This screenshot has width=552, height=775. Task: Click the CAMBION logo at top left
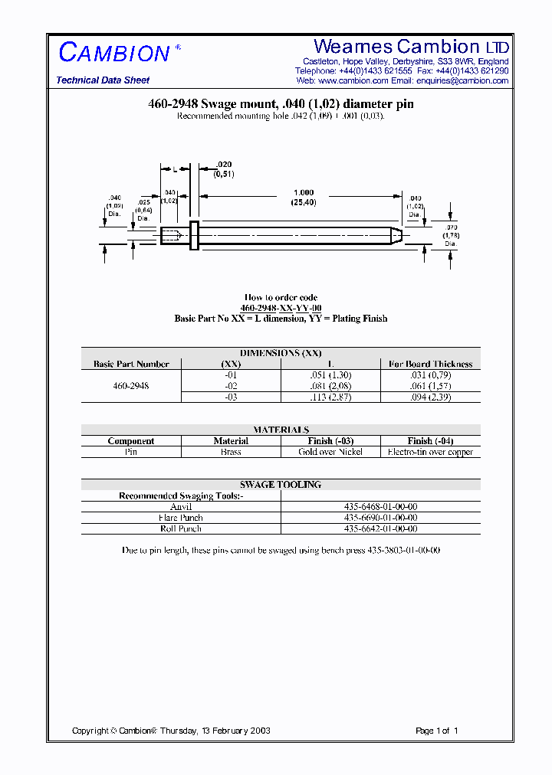[115, 52]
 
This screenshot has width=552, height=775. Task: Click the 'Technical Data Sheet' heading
[103, 80]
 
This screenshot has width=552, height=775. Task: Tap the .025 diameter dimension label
[143, 209]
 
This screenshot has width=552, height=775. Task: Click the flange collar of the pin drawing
[193, 234]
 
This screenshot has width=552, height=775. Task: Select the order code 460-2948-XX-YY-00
[281, 308]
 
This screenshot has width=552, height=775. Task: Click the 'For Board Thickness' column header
[430, 364]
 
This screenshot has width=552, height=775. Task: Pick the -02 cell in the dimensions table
[231, 386]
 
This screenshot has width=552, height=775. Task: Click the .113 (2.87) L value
[330, 397]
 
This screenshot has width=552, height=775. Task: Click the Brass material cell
[231, 452]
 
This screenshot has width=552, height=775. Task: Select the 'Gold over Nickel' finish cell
[330, 452]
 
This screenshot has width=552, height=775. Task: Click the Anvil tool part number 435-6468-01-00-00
[380, 507]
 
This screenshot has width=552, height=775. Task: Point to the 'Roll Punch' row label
[181, 528]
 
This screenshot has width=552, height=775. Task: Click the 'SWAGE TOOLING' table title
[281, 485]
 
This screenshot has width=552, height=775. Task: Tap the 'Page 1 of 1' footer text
[436, 731]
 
